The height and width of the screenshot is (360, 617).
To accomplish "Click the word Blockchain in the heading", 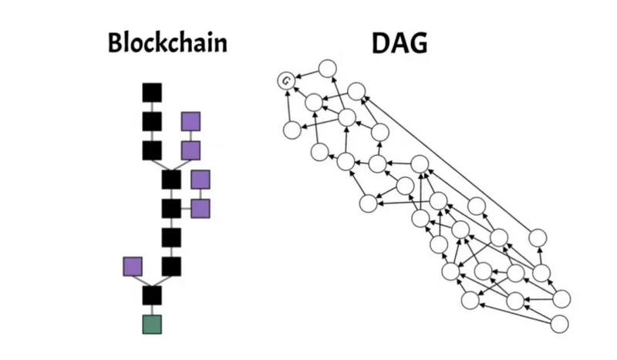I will [167, 42].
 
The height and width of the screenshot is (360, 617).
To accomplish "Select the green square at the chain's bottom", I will [152, 324].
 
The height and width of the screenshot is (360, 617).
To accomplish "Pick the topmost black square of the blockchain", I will [152, 93].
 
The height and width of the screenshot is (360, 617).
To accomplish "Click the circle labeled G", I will [287, 80].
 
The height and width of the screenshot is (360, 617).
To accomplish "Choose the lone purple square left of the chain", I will [133, 267].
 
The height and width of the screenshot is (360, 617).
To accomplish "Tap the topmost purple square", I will [190, 121].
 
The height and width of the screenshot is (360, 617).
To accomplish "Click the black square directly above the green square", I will [152, 294].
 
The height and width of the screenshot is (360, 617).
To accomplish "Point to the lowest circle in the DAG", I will [559, 324].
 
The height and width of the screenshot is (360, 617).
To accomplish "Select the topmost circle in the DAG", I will [327, 68].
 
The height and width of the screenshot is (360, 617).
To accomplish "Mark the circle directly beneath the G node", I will [292, 130].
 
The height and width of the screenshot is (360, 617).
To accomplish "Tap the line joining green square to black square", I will [152, 309].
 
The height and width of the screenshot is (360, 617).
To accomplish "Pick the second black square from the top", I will [152, 121].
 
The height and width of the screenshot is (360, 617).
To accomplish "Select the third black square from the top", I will [152, 150].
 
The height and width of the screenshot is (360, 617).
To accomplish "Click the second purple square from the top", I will [190, 150].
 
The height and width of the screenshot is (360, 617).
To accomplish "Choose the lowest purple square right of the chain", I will [201, 208].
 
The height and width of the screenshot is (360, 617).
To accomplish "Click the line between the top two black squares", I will [152, 107].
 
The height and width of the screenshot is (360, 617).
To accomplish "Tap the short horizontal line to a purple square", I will [186, 208].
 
